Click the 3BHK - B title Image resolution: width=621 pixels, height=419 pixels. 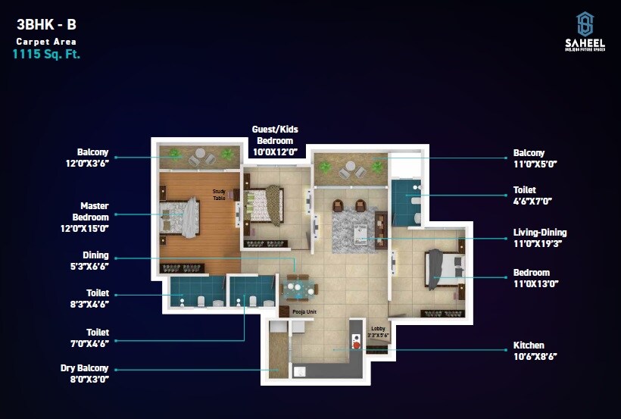click(46, 23)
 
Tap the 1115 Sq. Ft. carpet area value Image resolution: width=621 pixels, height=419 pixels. click(46, 55)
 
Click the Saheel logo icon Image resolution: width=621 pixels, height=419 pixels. click(585, 24)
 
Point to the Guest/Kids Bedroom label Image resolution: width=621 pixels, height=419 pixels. click(273, 135)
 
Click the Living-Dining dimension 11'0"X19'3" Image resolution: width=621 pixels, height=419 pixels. click(540, 244)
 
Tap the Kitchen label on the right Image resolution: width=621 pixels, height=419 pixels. click(529, 346)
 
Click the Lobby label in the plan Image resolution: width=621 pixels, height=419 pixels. click(379, 328)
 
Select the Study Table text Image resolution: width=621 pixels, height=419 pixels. click(220, 195)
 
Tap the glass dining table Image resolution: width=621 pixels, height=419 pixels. click(300, 288)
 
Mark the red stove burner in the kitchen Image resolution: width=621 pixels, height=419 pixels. click(355, 345)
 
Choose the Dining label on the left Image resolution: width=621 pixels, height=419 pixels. click(95, 255)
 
